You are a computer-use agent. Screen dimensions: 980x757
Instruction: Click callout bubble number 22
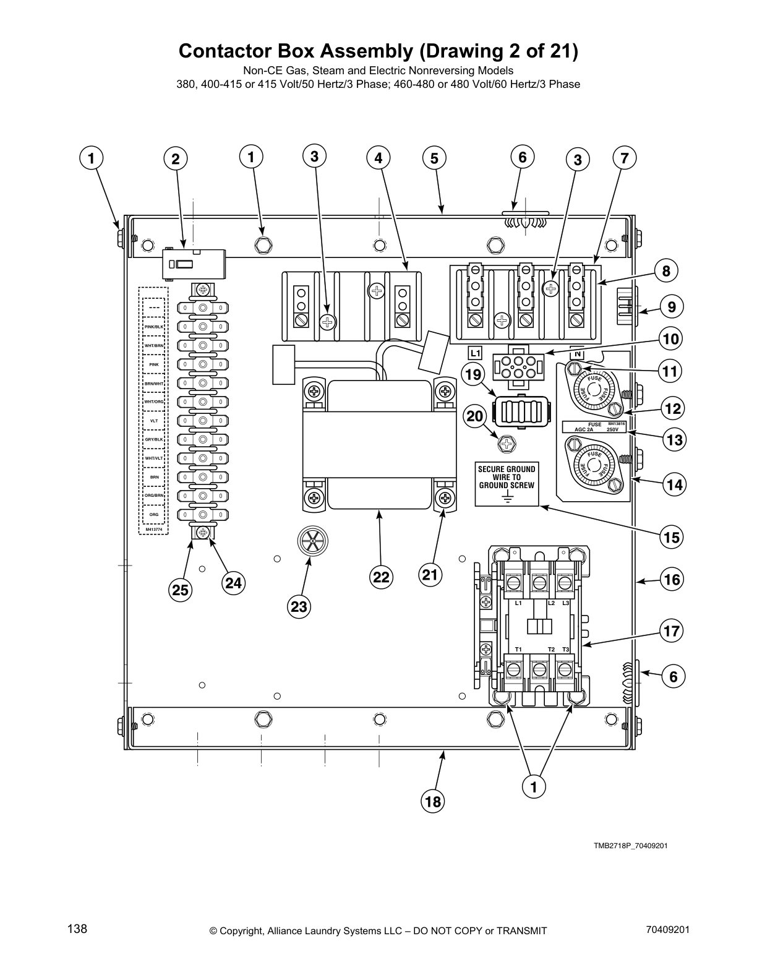[381, 576]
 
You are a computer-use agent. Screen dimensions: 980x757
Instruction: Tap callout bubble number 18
[433, 802]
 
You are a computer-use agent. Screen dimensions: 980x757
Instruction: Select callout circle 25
[180, 590]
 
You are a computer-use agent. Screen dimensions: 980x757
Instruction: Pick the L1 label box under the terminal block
[475, 353]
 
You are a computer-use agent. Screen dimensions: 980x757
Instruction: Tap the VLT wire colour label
[154, 421]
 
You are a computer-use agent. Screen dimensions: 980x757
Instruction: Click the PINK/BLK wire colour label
[154, 326]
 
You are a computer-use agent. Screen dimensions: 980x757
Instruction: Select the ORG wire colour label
[154, 515]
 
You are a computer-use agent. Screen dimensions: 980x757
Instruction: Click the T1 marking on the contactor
[518, 649]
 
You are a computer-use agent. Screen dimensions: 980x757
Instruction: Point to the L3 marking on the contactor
[565, 603]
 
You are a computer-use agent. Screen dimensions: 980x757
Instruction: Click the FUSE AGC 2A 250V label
[594, 426]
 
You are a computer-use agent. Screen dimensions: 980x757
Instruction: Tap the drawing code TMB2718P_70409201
[630, 846]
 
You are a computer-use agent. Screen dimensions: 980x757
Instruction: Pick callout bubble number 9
[672, 307]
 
